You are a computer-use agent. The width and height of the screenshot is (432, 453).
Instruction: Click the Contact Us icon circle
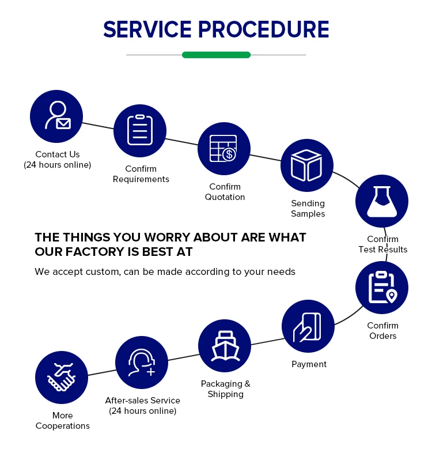(x=56, y=116)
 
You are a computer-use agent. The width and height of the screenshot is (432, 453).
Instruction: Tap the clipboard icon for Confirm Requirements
(x=140, y=130)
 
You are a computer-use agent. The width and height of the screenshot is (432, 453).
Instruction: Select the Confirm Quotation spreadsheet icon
(x=224, y=149)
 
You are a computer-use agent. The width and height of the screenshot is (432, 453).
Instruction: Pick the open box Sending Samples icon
(x=307, y=165)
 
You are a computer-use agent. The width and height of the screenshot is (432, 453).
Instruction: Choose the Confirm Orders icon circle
(x=382, y=287)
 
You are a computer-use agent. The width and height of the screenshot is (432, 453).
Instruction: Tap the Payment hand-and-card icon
(x=308, y=327)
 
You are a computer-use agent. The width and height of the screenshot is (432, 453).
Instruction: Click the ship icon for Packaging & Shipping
(x=225, y=346)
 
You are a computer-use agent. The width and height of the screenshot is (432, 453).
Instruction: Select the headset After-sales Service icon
(x=142, y=363)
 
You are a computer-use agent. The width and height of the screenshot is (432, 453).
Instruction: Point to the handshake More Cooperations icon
(x=62, y=378)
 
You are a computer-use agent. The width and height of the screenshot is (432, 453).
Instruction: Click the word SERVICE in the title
(x=147, y=29)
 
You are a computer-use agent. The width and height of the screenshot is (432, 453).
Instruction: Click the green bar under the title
(x=216, y=55)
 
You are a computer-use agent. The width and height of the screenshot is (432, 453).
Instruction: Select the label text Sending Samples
(x=308, y=209)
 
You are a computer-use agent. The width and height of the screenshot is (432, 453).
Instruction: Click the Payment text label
(x=309, y=364)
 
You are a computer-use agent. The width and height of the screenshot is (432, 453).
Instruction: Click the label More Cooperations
(x=63, y=421)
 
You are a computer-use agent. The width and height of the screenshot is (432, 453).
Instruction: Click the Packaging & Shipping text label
(x=225, y=389)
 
